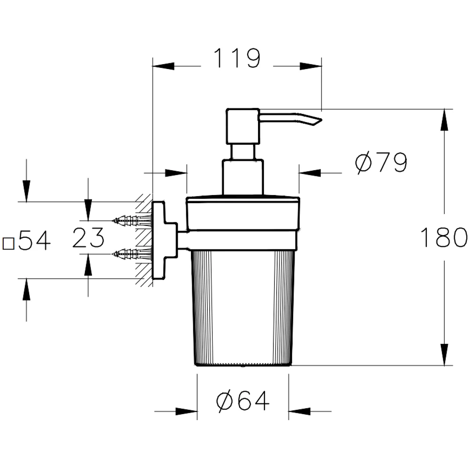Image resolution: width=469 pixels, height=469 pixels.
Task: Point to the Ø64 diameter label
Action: [x=243, y=401]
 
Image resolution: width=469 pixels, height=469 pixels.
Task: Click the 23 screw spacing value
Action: [x=88, y=237]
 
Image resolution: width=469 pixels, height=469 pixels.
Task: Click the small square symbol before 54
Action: [x=8, y=243]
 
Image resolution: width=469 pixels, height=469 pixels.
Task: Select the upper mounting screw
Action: [x=131, y=219]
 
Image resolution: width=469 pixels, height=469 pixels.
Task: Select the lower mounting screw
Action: [x=131, y=254]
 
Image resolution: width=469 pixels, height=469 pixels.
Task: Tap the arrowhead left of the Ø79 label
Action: [x=308, y=172]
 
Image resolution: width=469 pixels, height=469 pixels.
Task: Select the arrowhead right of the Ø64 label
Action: [x=298, y=412]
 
